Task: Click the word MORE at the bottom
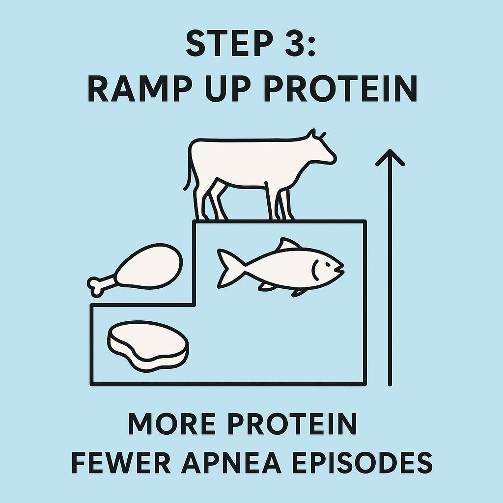[x=171, y=423]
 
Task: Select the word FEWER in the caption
[x=121, y=462]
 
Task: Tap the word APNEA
[x=231, y=462]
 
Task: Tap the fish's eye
[x=328, y=265]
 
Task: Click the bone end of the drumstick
[x=95, y=285]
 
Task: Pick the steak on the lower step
[x=148, y=346]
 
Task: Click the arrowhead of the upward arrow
[x=390, y=157]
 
